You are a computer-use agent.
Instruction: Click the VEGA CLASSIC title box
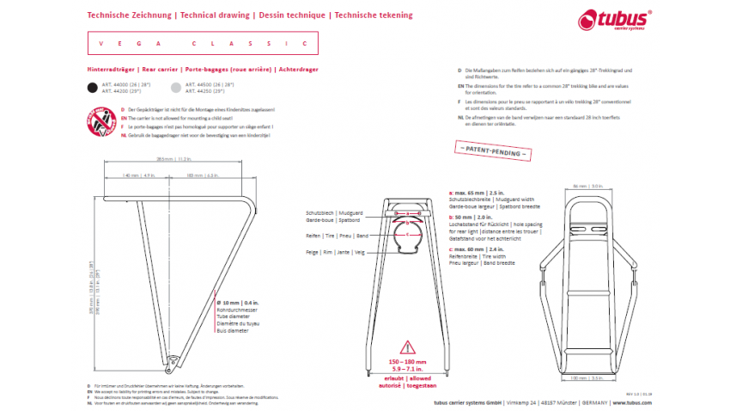pyautogui.click(x=203, y=43)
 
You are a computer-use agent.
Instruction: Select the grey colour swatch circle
pyautogui.click(x=177, y=87)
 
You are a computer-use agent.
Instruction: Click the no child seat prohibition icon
pyautogui.click(x=102, y=123)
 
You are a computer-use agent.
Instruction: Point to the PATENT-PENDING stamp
pyautogui.click(x=493, y=150)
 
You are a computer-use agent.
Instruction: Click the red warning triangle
pyautogui.click(x=408, y=348)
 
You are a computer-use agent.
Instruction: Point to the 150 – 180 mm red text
pyautogui.click(x=408, y=363)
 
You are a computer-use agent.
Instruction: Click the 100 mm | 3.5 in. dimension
pyautogui.click(x=584, y=377)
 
